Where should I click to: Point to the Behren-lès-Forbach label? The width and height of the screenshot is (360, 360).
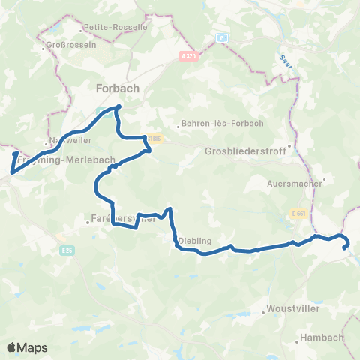(217, 125)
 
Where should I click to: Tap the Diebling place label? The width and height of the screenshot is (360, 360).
(196, 241)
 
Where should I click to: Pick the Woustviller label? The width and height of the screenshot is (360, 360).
(292, 309)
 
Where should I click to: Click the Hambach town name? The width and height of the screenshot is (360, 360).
(321, 337)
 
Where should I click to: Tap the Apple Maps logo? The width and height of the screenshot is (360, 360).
(27, 347)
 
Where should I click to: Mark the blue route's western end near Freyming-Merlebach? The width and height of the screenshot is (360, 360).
(16, 154)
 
